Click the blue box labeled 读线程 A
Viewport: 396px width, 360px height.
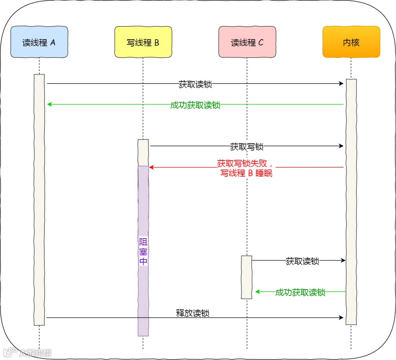pyautogui.click(x=39, y=42)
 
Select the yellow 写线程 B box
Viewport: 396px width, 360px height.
pyautogui.click(x=143, y=42)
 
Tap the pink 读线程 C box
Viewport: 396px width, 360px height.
pyautogui.click(x=247, y=42)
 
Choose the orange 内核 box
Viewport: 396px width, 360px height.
pyautogui.click(x=351, y=42)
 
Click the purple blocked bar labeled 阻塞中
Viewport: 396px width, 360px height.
pyautogui.click(x=143, y=293)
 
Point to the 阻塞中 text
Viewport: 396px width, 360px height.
pyautogui.click(x=143, y=251)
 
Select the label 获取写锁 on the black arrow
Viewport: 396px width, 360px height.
pyautogui.click(x=247, y=147)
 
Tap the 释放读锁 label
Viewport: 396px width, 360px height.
pyautogui.click(x=193, y=313)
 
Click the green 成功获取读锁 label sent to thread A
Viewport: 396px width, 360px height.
pyautogui.click(x=195, y=105)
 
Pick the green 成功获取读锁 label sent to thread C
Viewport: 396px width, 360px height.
pyautogui.click(x=300, y=292)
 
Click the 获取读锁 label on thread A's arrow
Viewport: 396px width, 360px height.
pyautogui.click(x=195, y=84)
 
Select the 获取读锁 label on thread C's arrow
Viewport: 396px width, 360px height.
pyautogui.click(x=302, y=261)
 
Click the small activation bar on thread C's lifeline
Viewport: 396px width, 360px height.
pyautogui.click(x=247, y=277)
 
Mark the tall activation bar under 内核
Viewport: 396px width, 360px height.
pyautogui.click(x=351, y=202)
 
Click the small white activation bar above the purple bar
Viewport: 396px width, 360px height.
pyautogui.click(x=143, y=153)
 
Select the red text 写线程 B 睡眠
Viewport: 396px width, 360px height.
pyautogui.click(x=246, y=173)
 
